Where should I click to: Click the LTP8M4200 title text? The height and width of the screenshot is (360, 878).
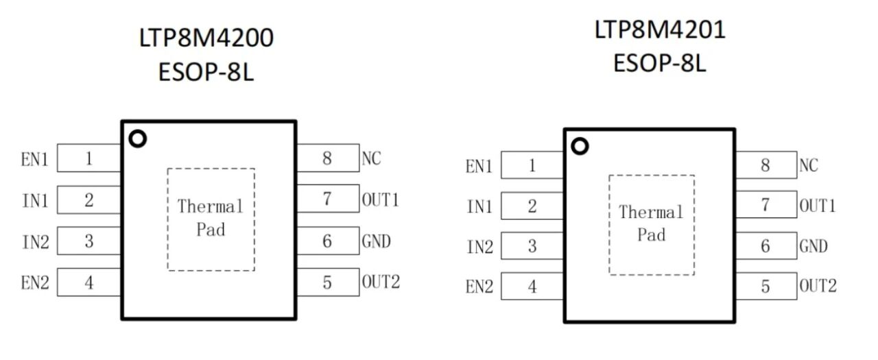[x=206, y=38]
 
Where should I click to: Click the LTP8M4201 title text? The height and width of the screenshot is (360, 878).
[x=659, y=30]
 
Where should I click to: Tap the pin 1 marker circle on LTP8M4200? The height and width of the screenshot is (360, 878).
[x=137, y=139]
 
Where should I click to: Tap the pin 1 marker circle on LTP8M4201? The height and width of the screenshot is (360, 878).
[x=580, y=146]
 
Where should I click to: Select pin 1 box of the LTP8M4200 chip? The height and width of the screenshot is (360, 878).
[x=89, y=159]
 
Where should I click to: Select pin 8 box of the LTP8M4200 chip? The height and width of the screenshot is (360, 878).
[x=327, y=158]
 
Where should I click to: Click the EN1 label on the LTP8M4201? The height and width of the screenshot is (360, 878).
[x=479, y=166]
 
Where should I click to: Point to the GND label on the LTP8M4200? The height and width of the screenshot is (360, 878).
[x=376, y=241]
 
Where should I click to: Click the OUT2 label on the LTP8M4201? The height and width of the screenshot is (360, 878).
[x=818, y=286]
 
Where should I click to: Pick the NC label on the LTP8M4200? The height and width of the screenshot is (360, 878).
[x=371, y=158]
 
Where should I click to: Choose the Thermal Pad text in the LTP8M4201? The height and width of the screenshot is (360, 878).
[x=652, y=224]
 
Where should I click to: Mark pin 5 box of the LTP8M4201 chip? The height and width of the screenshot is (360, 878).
[x=766, y=286]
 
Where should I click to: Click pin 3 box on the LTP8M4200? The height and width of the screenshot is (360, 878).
[x=89, y=241]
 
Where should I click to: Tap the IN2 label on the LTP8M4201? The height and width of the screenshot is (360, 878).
[x=479, y=247]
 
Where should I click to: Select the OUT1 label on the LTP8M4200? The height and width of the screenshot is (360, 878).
[x=380, y=200]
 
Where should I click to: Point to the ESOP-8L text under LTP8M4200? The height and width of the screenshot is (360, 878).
[x=206, y=72]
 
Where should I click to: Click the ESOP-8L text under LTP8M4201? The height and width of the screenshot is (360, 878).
[x=659, y=64]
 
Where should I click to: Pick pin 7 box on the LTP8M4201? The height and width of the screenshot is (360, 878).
[x=766, y=205]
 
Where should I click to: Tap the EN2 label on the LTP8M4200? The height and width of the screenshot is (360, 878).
[x=36, y=283]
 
